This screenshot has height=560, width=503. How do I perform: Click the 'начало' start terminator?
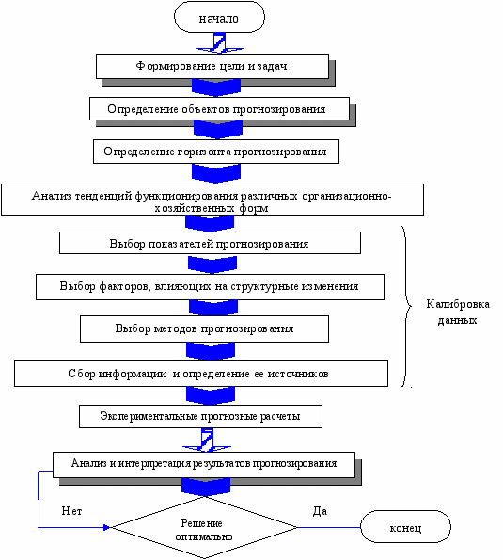219,17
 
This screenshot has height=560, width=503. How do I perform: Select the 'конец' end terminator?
405,527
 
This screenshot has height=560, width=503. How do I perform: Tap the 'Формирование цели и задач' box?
212,67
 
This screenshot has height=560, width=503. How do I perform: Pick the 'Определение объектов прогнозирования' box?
219,108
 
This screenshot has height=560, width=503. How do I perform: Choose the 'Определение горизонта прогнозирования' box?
216,152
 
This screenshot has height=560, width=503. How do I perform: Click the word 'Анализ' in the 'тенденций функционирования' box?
52,196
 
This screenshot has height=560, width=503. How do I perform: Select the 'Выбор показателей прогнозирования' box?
210,243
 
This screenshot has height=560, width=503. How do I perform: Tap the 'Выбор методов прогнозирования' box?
204,328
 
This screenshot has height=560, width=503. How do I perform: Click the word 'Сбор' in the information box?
82,374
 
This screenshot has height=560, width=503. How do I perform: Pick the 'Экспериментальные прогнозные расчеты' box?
200,416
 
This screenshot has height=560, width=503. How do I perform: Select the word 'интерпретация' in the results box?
154,463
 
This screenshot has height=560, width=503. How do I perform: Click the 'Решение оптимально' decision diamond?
204,527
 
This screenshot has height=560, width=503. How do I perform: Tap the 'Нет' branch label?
71,511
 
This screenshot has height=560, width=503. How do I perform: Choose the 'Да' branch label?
320,511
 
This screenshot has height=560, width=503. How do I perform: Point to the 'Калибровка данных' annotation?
458,312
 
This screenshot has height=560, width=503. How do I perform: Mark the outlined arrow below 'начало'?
220,43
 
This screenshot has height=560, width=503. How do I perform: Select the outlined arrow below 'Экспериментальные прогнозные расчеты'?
207,440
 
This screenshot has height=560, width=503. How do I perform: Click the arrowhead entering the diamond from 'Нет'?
107,527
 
